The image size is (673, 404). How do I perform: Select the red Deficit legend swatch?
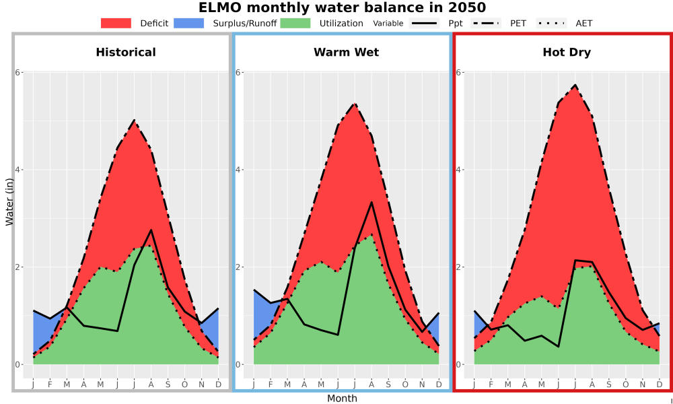coord(116,23)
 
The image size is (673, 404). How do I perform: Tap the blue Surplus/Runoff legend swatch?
coord(189,23)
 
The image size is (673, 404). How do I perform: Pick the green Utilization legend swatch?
coord(295,23)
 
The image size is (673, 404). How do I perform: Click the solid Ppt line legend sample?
coord(424,23)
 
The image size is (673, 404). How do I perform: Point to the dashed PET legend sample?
coord(486,23)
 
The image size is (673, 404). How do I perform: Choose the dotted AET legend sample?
coord(552,23)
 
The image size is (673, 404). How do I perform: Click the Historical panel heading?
coord(126,53)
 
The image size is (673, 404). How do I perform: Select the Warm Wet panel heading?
coord(347,53)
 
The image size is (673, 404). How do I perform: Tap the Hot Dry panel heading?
coord(567,53)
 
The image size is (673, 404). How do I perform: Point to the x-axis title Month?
coord(342,399)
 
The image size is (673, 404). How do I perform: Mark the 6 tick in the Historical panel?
coord(18,72)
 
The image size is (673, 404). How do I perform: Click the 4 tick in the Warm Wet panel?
coord(238,170)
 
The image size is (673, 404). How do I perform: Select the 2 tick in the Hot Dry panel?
coord(458,267)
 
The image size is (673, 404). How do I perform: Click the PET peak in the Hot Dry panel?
coord(575,85)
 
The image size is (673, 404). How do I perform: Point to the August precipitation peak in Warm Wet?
coord(371,202)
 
